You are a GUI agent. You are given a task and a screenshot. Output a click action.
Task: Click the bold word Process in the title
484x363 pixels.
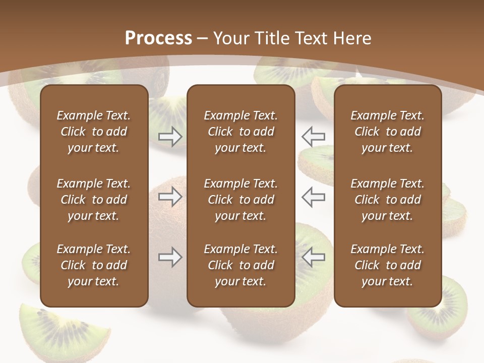click(x=158, y=38)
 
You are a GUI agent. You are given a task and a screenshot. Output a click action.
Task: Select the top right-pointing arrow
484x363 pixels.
click(x=170, y=137)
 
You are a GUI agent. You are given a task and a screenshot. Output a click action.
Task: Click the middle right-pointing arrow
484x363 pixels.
click(x=170, y=197)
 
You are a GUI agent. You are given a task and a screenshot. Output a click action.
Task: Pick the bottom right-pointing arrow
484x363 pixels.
click(x=170, y=257)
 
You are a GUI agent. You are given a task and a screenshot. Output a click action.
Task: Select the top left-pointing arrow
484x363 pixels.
click(x=314, y=137)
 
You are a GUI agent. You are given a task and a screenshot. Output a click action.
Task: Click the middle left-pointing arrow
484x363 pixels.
click(x=314, y=197)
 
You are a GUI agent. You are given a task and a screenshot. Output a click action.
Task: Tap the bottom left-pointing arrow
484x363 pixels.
click(x=314, y=257)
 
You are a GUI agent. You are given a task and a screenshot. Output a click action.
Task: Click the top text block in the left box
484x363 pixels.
click(x=94, y=132)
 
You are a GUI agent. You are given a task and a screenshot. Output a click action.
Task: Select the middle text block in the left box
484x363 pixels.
click(x=94, y=200)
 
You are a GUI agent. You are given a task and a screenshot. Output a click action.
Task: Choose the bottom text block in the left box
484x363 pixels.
click(x=94, y=265)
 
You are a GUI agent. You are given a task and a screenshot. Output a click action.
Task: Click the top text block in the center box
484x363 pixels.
click(x=240, y=132)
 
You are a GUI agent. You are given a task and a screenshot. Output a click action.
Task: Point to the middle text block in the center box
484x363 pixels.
click(x=240, y=200)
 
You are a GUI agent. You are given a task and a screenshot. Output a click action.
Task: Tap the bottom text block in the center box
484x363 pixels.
click(x=240, y=265)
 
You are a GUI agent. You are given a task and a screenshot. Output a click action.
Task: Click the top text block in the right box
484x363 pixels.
click(x=387, y=132)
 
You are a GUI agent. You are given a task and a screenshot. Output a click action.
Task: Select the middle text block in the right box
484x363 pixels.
click(x=387, y=200)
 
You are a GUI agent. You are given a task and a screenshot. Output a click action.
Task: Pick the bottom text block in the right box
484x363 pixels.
click(x=387, y=265)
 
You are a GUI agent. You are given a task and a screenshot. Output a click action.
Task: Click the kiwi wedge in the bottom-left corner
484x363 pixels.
click(x=60, y=330)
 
